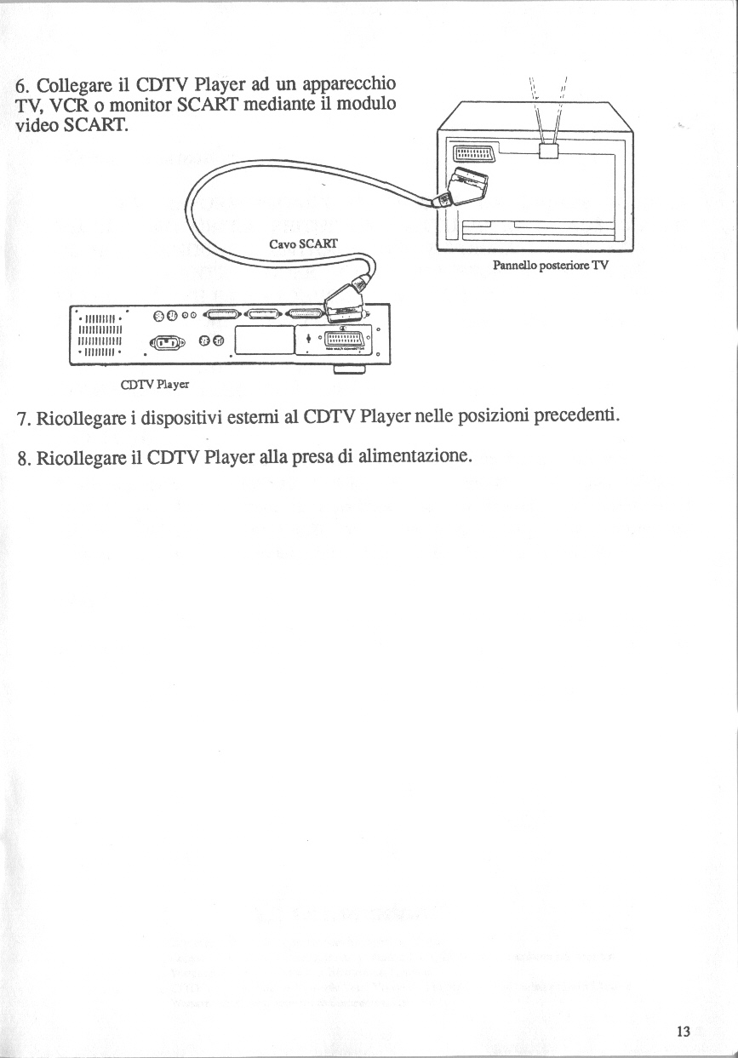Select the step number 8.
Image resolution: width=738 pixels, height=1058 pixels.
click(x=23, y=457)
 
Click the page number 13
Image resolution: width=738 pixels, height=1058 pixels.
click(x=682, y=1032)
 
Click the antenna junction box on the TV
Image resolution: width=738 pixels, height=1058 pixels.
click(x=549, y=150)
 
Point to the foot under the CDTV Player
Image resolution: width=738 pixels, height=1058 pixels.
click(x=349, y=369)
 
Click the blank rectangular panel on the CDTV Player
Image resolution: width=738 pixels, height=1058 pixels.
click(x=263, y=340)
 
